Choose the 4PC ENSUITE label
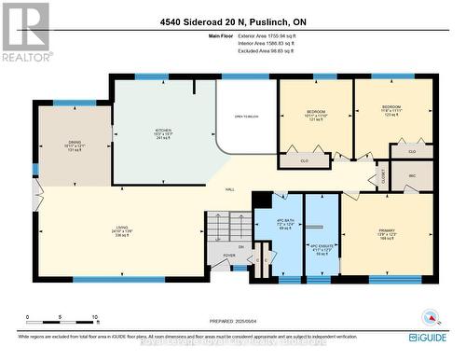click(x=322, y=247)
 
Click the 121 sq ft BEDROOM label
click(x=316, y=115)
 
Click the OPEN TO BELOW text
click(x=245, y=116)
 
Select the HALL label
click(x=230, y=189)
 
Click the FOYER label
click(x=229, y=261)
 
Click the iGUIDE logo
click(x=435, y=337)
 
